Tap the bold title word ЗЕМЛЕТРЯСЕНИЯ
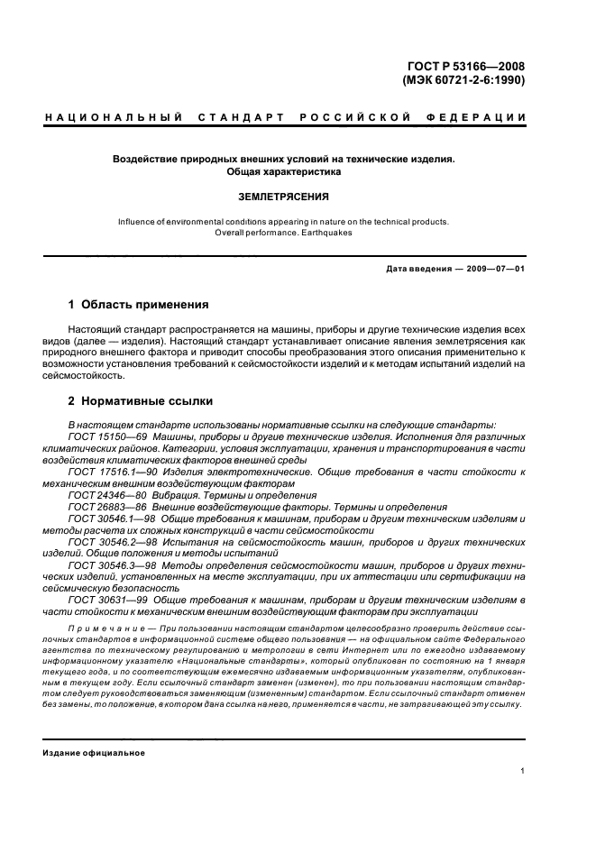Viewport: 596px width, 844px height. (284, 196)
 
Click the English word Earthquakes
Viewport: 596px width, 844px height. (324, 232)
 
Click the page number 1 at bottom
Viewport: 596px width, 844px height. (524, 771)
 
